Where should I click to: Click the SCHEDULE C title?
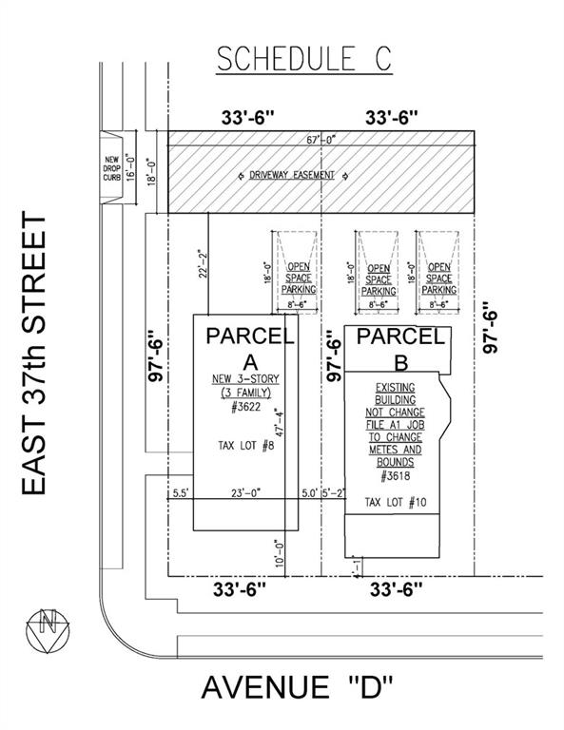pyautogui.click(x=303, y=58)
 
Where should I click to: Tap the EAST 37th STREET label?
pyautogui.click(x=34, y=354)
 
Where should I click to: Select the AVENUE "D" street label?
pyautogui.click(x=297, y=687)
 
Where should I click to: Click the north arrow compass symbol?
pyautogui.click(x=48, y=630)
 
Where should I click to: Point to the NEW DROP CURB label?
pyautogui.click(x=112, y=168)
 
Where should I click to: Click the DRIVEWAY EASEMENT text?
pyautogui.click(x=292, y=176)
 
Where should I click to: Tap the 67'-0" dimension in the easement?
pyautogui.click(x=321, y=139)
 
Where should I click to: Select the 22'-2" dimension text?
pyautogui.click(x=203, y=264)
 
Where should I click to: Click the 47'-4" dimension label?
pyautogui.click(x=280, y=422)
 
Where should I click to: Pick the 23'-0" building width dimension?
pyautogui.click(x=246, y=492)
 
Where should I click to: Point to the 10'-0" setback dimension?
pyautogui.click(x=280, y=553)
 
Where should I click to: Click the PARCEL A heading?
pyautogui.click(x=250, y=349)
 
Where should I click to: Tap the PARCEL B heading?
pyautogui.click(x=400, y=349)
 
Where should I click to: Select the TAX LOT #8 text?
pyautogui.click(x=246, y=446)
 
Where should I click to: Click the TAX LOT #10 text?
pyautogui.click(x=396, y=502)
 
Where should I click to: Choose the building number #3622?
pyautogui.click(x=246, y=407)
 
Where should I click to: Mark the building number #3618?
pyautogui.click(x=396, y=476)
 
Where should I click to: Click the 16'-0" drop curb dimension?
pyautogui.click(x=130, y=168)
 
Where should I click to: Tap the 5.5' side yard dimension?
pyautogui.click(x=181, y=492)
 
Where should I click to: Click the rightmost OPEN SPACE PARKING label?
pyautogui.click(x=439, y=279)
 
